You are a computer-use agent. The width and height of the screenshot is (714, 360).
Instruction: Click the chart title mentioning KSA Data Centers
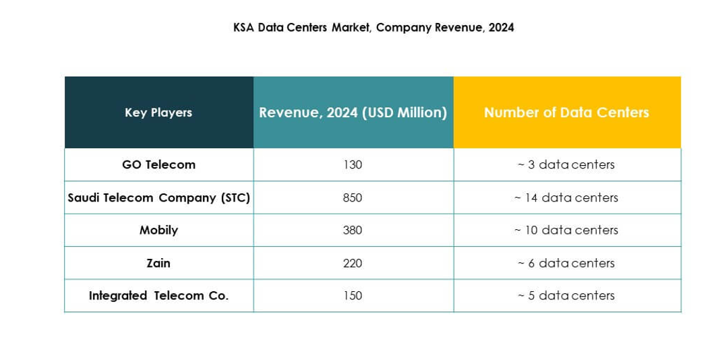point(373,28)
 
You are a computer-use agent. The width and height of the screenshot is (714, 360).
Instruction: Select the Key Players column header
point(158,113)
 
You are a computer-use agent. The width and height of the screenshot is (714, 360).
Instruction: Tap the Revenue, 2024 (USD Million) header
point(353,113)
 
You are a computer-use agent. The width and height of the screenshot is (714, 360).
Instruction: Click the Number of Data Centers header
point(566,113)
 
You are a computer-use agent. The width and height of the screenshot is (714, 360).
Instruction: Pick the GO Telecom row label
point(158,164)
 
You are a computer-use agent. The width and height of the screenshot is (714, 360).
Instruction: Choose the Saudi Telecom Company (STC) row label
point(158,198)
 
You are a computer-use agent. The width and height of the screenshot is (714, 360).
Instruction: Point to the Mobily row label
point(158,230)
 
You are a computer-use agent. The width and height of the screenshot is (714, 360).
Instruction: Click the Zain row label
point(158,263)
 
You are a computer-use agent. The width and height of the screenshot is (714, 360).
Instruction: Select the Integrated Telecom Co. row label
point(158,295)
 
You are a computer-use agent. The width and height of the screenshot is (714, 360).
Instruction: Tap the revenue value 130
point(353,164)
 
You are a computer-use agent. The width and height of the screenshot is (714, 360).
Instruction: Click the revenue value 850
point(353,198)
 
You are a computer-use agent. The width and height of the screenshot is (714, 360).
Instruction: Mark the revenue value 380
point(353,230)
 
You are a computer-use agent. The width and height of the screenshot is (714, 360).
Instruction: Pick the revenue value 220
point(353,263)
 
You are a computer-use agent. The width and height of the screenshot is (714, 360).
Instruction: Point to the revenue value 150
point(353,295)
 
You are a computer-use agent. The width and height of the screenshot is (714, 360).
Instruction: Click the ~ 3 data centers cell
point(566,164)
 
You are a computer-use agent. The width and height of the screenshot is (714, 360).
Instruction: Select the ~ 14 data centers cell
point(566,198)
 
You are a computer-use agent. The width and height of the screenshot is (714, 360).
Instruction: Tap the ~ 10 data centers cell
point(566,230)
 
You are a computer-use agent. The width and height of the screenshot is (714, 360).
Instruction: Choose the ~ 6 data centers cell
point(566,263)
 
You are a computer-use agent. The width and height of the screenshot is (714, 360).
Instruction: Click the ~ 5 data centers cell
point(566,295)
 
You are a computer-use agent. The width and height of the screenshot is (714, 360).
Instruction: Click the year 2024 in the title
point(502,28)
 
